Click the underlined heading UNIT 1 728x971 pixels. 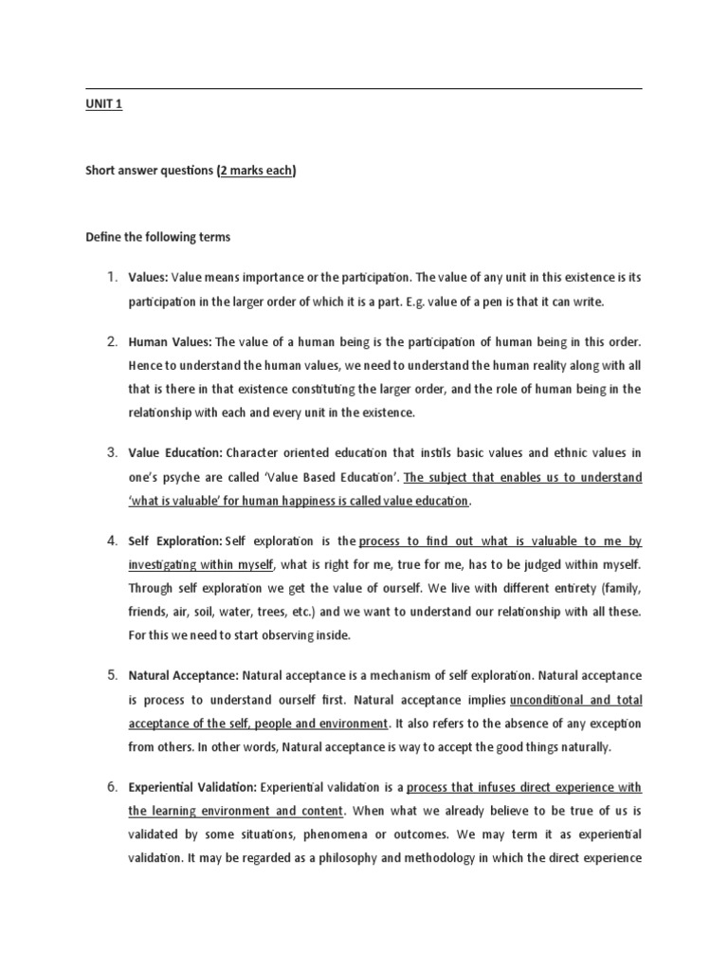(x=103, y=105)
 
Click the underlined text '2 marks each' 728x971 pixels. (x=256, y=171)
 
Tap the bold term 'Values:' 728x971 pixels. (x=148, y=277)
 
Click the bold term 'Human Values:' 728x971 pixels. (x=171, y=341)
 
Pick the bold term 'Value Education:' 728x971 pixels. (x=176, y=452)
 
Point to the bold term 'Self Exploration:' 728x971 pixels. (x=175, y=541)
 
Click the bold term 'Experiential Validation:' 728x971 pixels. (x=192, y=787)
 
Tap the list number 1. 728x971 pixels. (x=112, y=277)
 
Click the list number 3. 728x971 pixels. (x=112, y=452)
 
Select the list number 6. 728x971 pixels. (x=112, y=787)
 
